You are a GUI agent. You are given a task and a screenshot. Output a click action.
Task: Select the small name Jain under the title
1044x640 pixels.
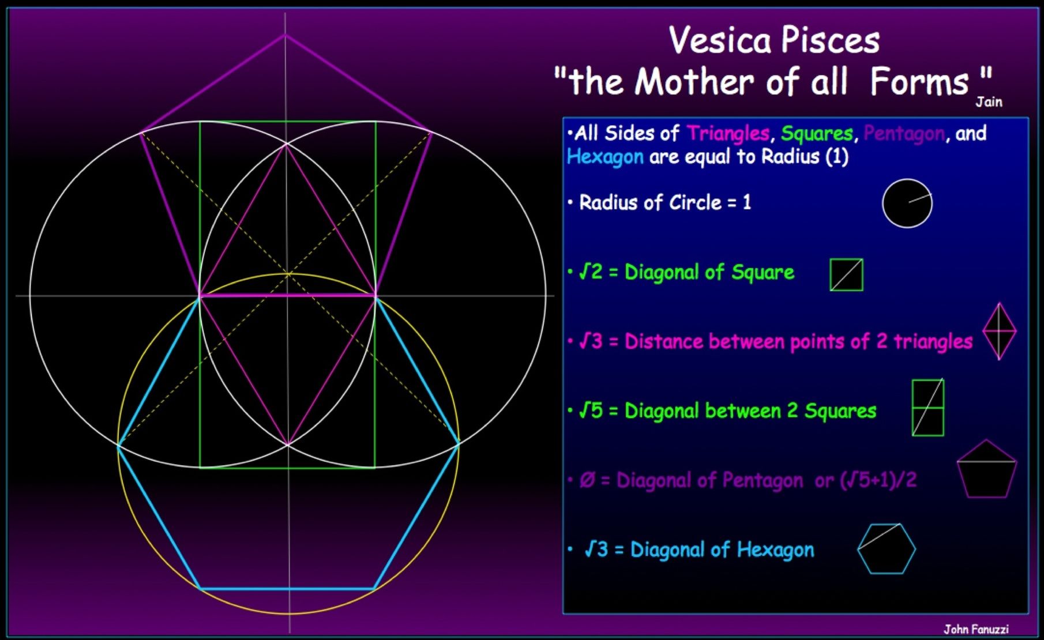click(989, 102)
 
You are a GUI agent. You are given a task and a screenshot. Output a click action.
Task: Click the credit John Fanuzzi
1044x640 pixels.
click(976, 629)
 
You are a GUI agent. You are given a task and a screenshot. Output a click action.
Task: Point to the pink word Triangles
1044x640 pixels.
click(728, 134)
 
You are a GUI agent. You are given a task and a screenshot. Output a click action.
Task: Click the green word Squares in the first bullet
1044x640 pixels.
click(817, 134)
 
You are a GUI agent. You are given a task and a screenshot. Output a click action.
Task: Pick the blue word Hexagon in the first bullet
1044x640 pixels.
click(605, 157)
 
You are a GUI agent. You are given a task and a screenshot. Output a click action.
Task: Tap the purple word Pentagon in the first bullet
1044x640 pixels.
click(904, 134)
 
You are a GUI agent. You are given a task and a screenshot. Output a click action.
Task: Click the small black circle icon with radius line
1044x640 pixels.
click(907, 203)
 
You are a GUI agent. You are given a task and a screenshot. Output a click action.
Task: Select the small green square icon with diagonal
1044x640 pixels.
click(847, 274)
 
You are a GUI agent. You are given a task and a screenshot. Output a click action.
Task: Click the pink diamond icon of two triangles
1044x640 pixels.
click(999, 332)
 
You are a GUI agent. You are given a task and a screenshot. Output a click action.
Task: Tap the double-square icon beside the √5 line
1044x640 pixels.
click(928, 407)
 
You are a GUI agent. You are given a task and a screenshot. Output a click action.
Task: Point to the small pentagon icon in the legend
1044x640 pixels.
click(986, 469)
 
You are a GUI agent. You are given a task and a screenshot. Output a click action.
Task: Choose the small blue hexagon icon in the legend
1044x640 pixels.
click(887, 548)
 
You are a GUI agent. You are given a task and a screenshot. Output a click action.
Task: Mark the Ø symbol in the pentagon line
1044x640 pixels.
click(587, 480)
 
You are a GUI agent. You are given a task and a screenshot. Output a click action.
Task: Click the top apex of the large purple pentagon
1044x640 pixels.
click(284, 35)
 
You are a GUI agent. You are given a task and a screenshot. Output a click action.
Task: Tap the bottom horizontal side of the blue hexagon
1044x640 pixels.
click(287, 589)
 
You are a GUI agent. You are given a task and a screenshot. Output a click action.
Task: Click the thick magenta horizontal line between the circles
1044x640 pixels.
click(287, 296)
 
